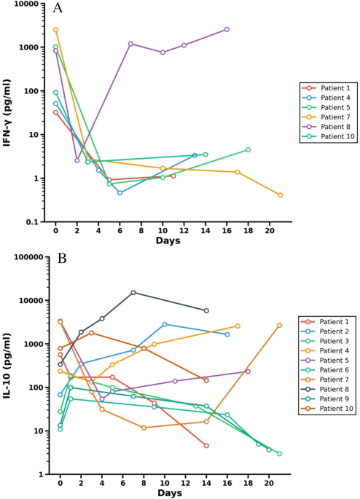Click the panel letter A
(x=58, y=8)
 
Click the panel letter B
(x=62, y=259)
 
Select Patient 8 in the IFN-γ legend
(x=335, y=127)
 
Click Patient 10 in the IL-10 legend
(x=337, y=408)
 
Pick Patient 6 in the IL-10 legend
(x=334, y=370)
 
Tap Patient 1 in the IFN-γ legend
(x=335, y=88)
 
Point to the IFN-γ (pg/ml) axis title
(x=7, y=113)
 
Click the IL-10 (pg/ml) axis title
(x=7, y=366)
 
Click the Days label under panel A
(x=168, y=241)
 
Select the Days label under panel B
(x=170, y=493)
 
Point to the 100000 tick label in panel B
(x=28, y=257)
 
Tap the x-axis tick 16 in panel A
(x=227, y=230)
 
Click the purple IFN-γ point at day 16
(x=227, y=29)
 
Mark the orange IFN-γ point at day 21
(x=280, y=195)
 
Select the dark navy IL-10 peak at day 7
(x=133, y=292)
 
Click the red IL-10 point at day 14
(x=206, y=446)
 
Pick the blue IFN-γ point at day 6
(x=120, y=193)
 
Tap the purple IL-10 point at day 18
(x=248, y=372)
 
